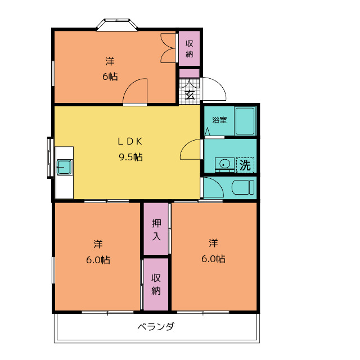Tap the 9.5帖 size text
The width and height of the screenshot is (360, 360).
(130, 157)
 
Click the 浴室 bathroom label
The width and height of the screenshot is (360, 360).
(219, 120)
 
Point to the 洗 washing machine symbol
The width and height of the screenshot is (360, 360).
(245, 165)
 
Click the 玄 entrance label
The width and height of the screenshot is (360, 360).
(190, 94)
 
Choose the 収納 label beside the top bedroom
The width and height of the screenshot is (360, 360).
(190, 49)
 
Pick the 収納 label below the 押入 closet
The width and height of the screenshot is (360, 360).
(156, 285)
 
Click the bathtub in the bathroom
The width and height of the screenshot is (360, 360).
(245, 120)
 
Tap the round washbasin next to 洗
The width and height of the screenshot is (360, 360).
(225, 164)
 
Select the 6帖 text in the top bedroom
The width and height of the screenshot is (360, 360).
(110, 76)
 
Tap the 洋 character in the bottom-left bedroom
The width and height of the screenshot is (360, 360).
(98, 244)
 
